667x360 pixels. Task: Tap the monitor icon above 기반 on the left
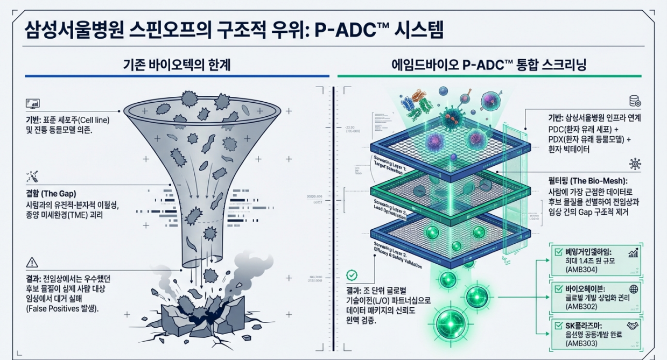32,103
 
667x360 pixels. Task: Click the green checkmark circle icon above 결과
352,276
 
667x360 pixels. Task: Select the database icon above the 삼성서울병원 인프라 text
634,101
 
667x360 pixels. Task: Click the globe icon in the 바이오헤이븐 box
634,289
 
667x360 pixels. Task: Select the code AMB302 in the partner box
581,307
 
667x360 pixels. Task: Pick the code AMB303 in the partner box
581,342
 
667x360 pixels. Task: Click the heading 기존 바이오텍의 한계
177,66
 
